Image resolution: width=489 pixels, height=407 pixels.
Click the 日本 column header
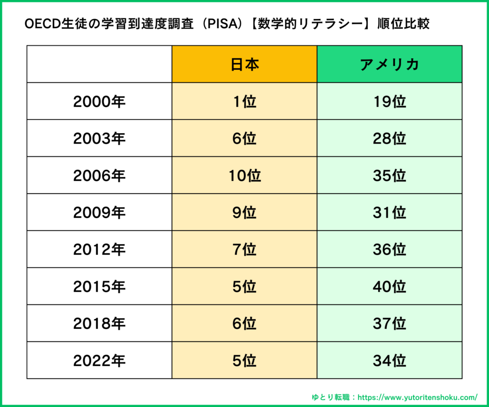click(244, 64)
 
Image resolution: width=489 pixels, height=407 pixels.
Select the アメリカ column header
click(390, 64)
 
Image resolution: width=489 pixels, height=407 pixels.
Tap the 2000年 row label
click(99, 102)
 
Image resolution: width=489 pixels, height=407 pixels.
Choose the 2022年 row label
click(99, 361)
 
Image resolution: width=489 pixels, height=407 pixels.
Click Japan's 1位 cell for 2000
click(244, 102)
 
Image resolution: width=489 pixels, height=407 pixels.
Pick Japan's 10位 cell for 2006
click(244, 176)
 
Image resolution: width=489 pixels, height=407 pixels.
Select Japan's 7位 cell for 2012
click(244, 250)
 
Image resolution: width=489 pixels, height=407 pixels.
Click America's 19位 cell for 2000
click(390, 102)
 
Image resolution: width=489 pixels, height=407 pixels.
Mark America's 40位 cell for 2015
click(390, 287)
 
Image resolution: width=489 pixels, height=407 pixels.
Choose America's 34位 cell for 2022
click(390, 361)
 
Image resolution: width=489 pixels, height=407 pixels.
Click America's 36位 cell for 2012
click(390, 250)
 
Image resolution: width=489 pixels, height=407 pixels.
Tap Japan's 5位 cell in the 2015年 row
click(244, 287)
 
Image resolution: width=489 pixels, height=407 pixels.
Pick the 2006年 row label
click(99, 176)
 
